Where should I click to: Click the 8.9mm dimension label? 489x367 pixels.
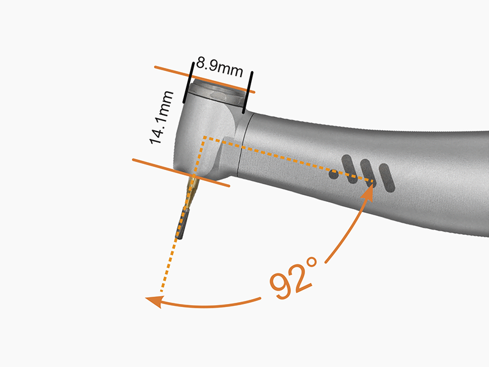[219, 67]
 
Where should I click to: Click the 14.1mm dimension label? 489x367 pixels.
[161, 117]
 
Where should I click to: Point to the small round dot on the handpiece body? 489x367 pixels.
[334, 174]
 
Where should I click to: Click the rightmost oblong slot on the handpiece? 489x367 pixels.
[386, 178]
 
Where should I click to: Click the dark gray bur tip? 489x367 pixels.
[182, 224]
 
